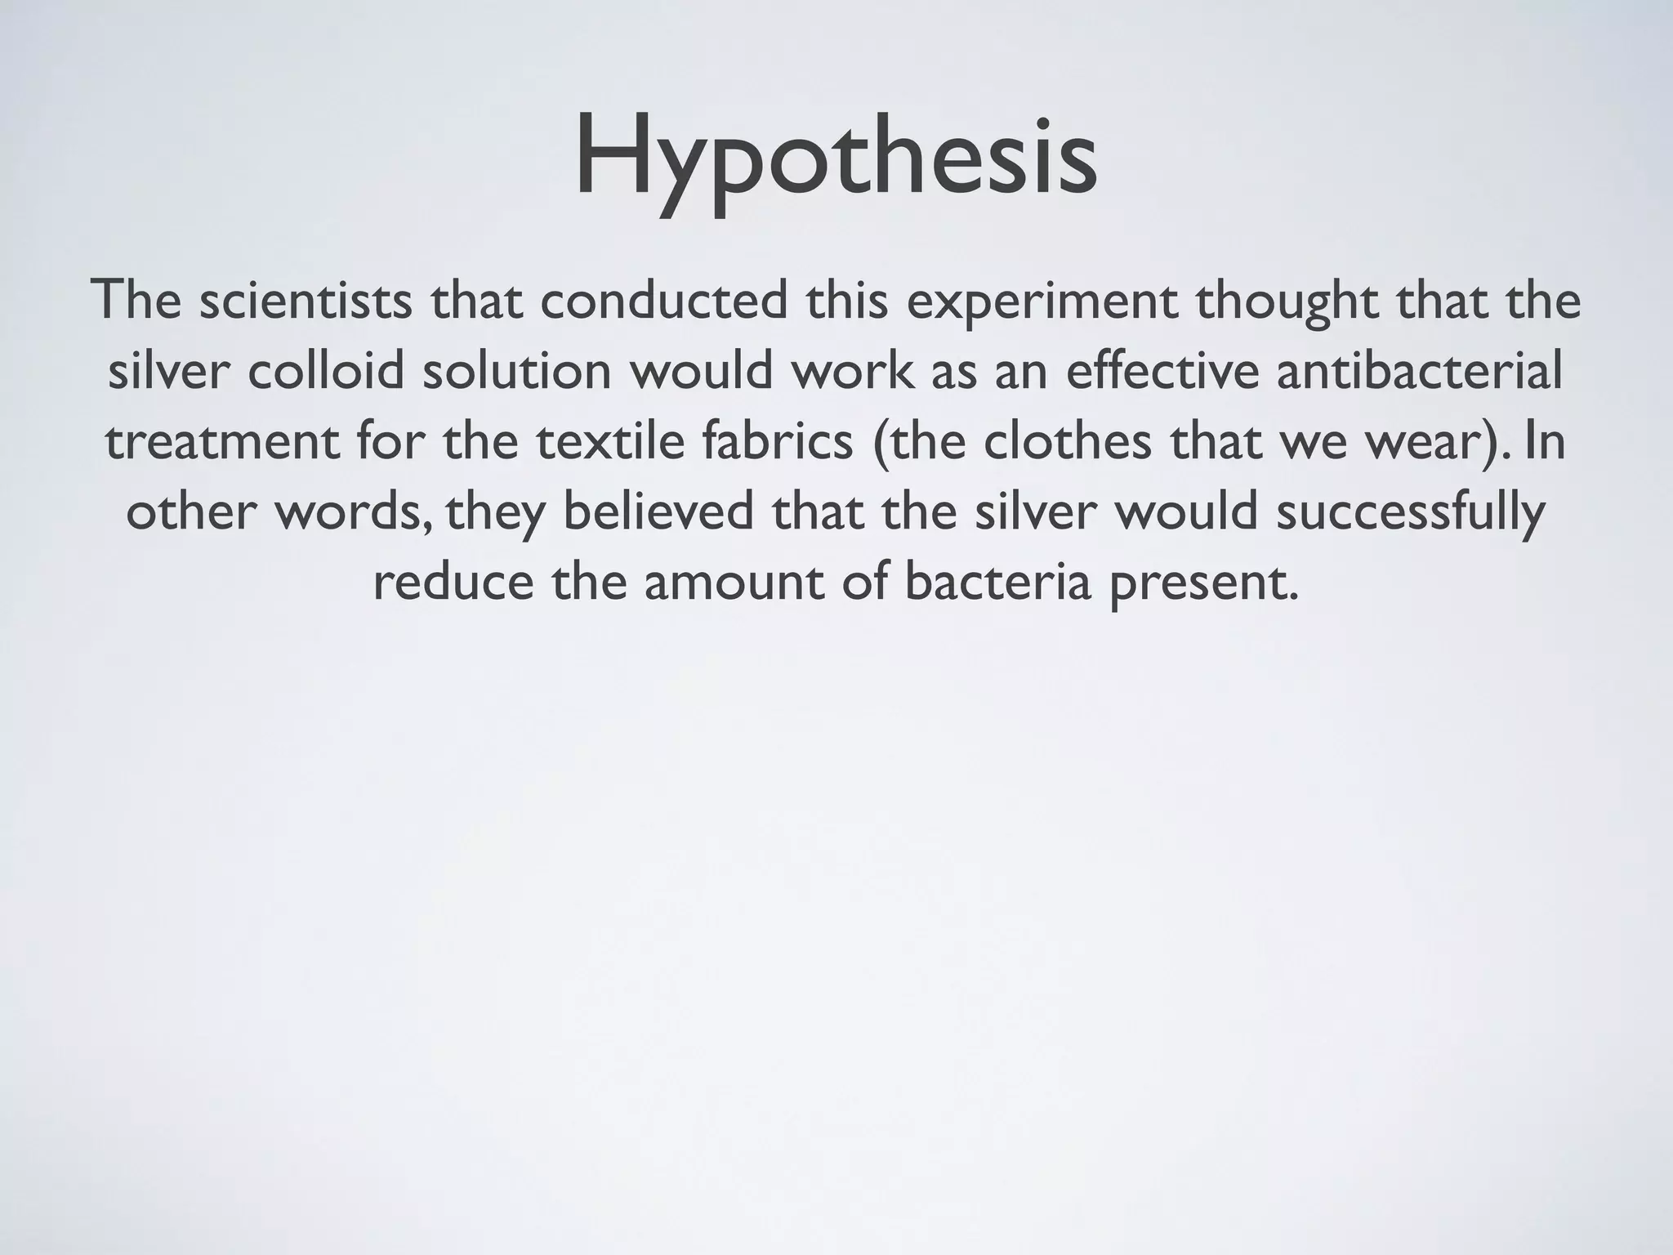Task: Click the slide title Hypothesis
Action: (x=836, y=159)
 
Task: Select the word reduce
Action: (x=453, y=583)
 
